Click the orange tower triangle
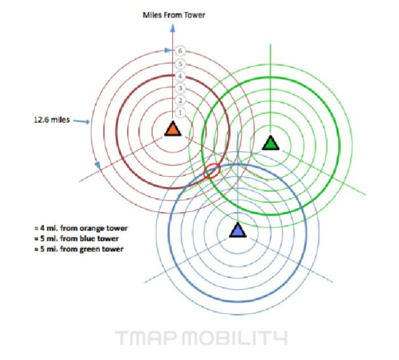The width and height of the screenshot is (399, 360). point(172,129)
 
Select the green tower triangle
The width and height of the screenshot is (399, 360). point(270,142)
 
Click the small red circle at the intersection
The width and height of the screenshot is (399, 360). point(212,171)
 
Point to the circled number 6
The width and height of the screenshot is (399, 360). point(181,51)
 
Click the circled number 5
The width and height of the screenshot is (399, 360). point(181,63)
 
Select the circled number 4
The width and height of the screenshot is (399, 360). point(181,76)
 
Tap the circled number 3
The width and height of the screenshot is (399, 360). point(181,88)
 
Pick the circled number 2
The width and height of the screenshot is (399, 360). point(181,100)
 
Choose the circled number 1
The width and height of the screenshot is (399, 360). point(181,112)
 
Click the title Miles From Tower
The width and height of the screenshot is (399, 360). point(174,15)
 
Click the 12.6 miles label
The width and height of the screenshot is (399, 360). point(50,120)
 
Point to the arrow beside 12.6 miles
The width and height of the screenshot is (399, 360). point(81,122)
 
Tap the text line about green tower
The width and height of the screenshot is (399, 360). point(80,249)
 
